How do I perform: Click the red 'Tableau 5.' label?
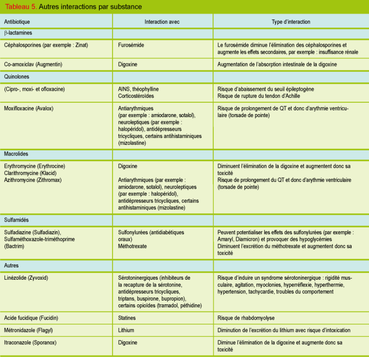point(19,7)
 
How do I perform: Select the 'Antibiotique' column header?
point(17,22)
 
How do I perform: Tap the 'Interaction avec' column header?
point(162,22)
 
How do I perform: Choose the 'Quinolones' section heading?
point(16,77)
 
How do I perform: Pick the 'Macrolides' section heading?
point(16,154)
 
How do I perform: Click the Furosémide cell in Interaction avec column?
point(131,45)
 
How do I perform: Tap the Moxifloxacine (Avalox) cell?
point(29,108)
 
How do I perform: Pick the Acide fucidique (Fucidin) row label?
point(32,318)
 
